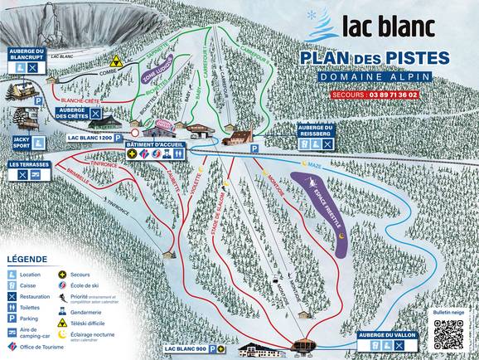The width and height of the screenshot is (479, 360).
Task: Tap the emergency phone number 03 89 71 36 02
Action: click(399, 95)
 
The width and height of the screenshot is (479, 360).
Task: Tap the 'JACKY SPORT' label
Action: click(21, 143)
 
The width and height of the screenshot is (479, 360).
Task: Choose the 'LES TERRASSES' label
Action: click(28, 164)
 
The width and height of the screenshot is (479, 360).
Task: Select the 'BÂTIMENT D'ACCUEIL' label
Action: click(156, 144)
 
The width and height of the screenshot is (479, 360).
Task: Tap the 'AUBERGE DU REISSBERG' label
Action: click(316, 129)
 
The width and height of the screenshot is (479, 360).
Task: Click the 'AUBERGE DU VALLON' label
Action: click(387, 333)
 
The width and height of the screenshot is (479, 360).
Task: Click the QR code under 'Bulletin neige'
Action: click(448, 333)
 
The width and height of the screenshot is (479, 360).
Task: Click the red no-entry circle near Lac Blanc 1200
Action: click(134, 132)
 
